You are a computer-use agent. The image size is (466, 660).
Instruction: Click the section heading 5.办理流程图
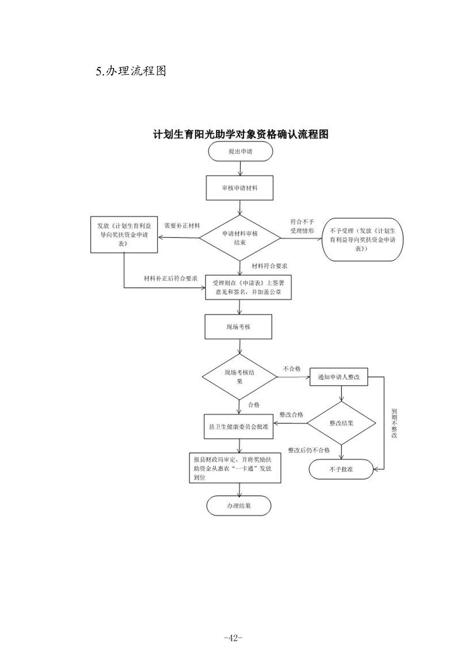click(x=131, y=71)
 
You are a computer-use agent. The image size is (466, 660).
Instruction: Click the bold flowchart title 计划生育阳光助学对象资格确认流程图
click(x=240, y=134)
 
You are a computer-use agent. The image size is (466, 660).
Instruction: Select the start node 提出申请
click(x=240, y=152)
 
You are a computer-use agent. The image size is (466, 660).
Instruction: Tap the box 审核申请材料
click(x=240, y=188)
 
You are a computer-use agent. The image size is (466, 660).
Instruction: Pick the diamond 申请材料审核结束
click(x=240, y=238)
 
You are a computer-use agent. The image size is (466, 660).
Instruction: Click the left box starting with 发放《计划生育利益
click(x=124, y=235)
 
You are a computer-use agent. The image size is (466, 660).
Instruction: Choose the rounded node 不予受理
click(x=360, y=240)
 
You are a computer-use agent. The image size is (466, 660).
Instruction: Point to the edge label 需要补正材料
click(x=182, y=226)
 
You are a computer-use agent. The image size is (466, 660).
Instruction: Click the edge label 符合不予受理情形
click(x=302, y=226)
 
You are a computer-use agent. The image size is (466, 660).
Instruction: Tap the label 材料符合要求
click(x=269, y=266)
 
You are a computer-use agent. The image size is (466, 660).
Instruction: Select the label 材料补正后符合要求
click(x=171, y=278)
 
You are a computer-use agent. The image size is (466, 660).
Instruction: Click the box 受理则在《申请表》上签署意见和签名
click(x=248, y=287)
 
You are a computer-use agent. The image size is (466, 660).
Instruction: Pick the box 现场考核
click(x=238, y=327)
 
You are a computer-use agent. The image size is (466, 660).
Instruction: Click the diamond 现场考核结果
click(x=240, y=376)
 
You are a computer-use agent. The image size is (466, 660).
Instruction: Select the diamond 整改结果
click(x=341, y=423)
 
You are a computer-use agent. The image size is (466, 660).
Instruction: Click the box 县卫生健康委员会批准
click(x=239, y=426)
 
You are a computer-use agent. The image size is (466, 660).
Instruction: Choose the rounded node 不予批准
click(x=341, y=469)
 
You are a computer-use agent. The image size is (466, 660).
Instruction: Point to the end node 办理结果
click(x=239, y=506)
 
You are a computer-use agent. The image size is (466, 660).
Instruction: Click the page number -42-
click(x=233, y=638)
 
